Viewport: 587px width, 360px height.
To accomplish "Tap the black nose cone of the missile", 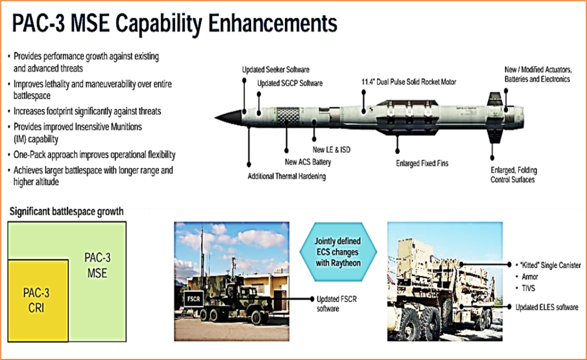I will pos(228,118).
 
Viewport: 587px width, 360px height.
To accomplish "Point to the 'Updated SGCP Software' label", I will pos(289,83).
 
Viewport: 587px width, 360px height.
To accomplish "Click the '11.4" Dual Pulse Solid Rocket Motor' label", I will pos(409,81).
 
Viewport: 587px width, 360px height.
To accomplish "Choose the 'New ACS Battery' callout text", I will pos(308,162).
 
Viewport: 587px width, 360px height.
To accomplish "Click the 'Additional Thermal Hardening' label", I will pos(287,177).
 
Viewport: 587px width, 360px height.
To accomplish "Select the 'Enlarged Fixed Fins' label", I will pos(422,163).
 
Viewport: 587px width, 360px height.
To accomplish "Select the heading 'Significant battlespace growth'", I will pos(66,212).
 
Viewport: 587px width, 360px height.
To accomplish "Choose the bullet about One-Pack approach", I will pos(95,155).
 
